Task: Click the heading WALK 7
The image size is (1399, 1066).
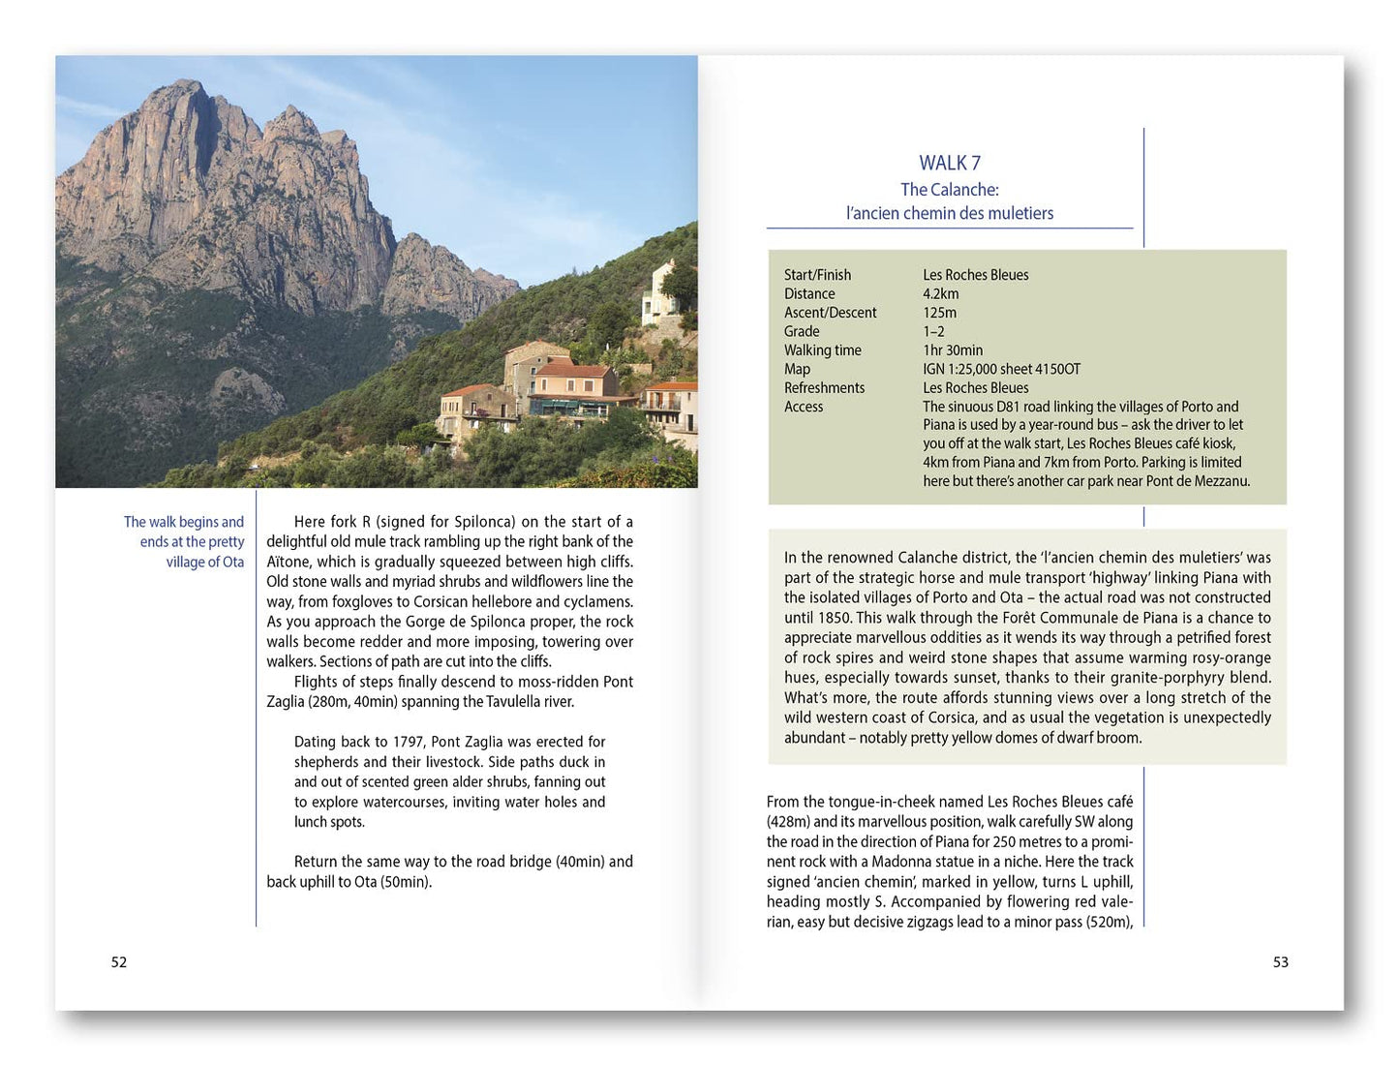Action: (949, 163)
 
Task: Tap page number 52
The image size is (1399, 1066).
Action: (119, 961)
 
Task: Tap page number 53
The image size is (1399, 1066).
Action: (1280, 961)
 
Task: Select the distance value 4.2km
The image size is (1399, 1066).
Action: (940, 294)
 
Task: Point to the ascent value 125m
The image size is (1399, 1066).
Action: (939, 313)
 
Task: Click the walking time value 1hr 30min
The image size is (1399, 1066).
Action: (952, 350)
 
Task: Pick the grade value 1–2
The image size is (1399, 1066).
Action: (933, 331)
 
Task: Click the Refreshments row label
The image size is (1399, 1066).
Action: (824, 388)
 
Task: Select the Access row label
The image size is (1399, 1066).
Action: (804, 407)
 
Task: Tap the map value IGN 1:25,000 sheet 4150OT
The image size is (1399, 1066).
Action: (1001, 369)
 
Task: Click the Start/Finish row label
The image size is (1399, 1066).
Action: (817, 275)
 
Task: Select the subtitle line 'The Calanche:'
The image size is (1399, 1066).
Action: (949, 190)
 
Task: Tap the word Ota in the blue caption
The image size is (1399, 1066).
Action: (233, 562)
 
